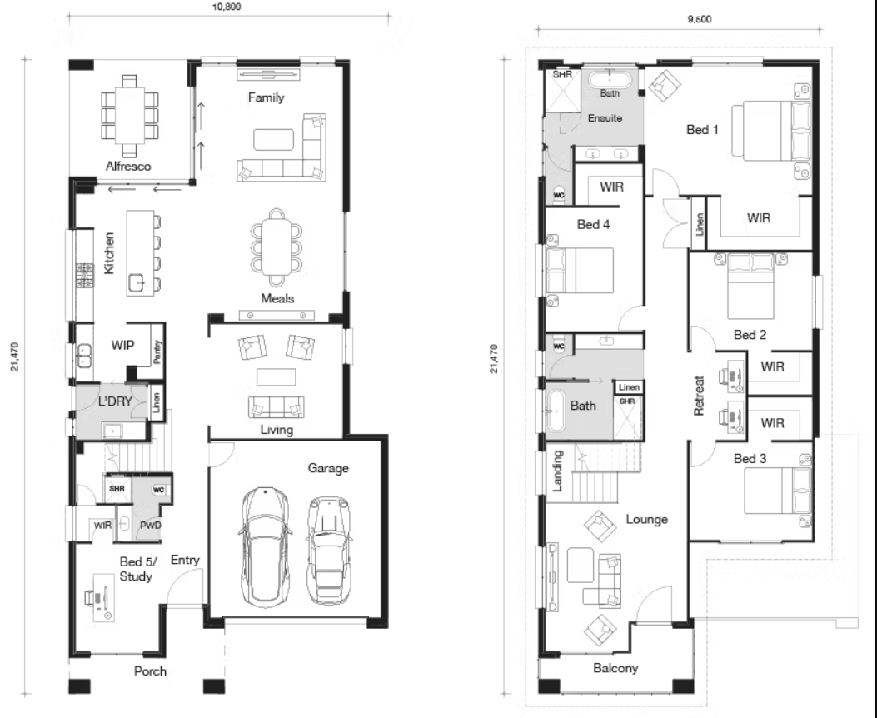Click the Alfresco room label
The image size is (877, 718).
point(128,166)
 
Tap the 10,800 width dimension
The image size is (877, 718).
point(227,7)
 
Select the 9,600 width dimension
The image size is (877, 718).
point(699,19)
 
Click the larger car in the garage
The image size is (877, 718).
point(267,547)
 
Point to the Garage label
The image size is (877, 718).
point(328,468)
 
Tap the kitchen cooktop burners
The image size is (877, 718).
point(84,276)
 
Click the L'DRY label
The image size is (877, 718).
point(115,401)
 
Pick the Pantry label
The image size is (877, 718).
point(157,352)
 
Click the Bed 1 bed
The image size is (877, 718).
point(770,131)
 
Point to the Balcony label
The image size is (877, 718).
point(615,668)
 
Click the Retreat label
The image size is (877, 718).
point(699,396)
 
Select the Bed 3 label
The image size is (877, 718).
point(750,458)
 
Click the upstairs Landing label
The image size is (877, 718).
point(557,471)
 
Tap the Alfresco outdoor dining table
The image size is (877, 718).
point(129,116)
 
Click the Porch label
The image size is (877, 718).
point(150,671)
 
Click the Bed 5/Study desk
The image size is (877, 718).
point(103,598)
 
